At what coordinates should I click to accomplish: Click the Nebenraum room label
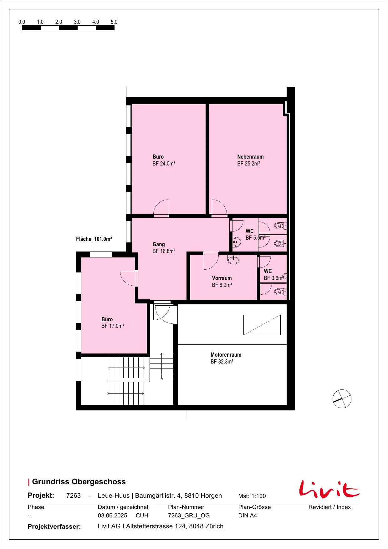tap(250, 157)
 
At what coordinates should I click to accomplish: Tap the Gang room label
tap(159, 244)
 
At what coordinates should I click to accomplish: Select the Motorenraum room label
tap(226, 355)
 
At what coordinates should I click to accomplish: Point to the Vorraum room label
tap(222, 278)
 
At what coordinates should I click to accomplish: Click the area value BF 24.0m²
tap(164, 164)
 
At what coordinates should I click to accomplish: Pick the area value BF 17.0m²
tap(113, 326)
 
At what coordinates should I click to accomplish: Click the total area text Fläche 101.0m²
tap(94, 239)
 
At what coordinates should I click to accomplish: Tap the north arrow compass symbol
tap(342, 399)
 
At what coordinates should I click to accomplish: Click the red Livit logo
tap(329, 489)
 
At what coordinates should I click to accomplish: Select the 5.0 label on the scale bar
tap(114, 22)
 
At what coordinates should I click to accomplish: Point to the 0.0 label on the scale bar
tap(22, 22)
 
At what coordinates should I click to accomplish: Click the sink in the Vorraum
tap(233, 259)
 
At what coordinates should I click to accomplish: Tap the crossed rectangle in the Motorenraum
tap(262, 325)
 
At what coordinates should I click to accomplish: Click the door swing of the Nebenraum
tap(219, 207)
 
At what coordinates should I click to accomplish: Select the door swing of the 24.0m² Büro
tap(161, 207)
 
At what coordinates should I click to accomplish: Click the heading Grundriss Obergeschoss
tap(79, 482)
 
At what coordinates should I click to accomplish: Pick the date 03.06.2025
tap(113, 516)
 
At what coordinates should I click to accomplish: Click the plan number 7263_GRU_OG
tap(189, 516)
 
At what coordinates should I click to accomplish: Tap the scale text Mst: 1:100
tap(252, 496)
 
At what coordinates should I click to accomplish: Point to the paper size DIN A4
tap(248, 516)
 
